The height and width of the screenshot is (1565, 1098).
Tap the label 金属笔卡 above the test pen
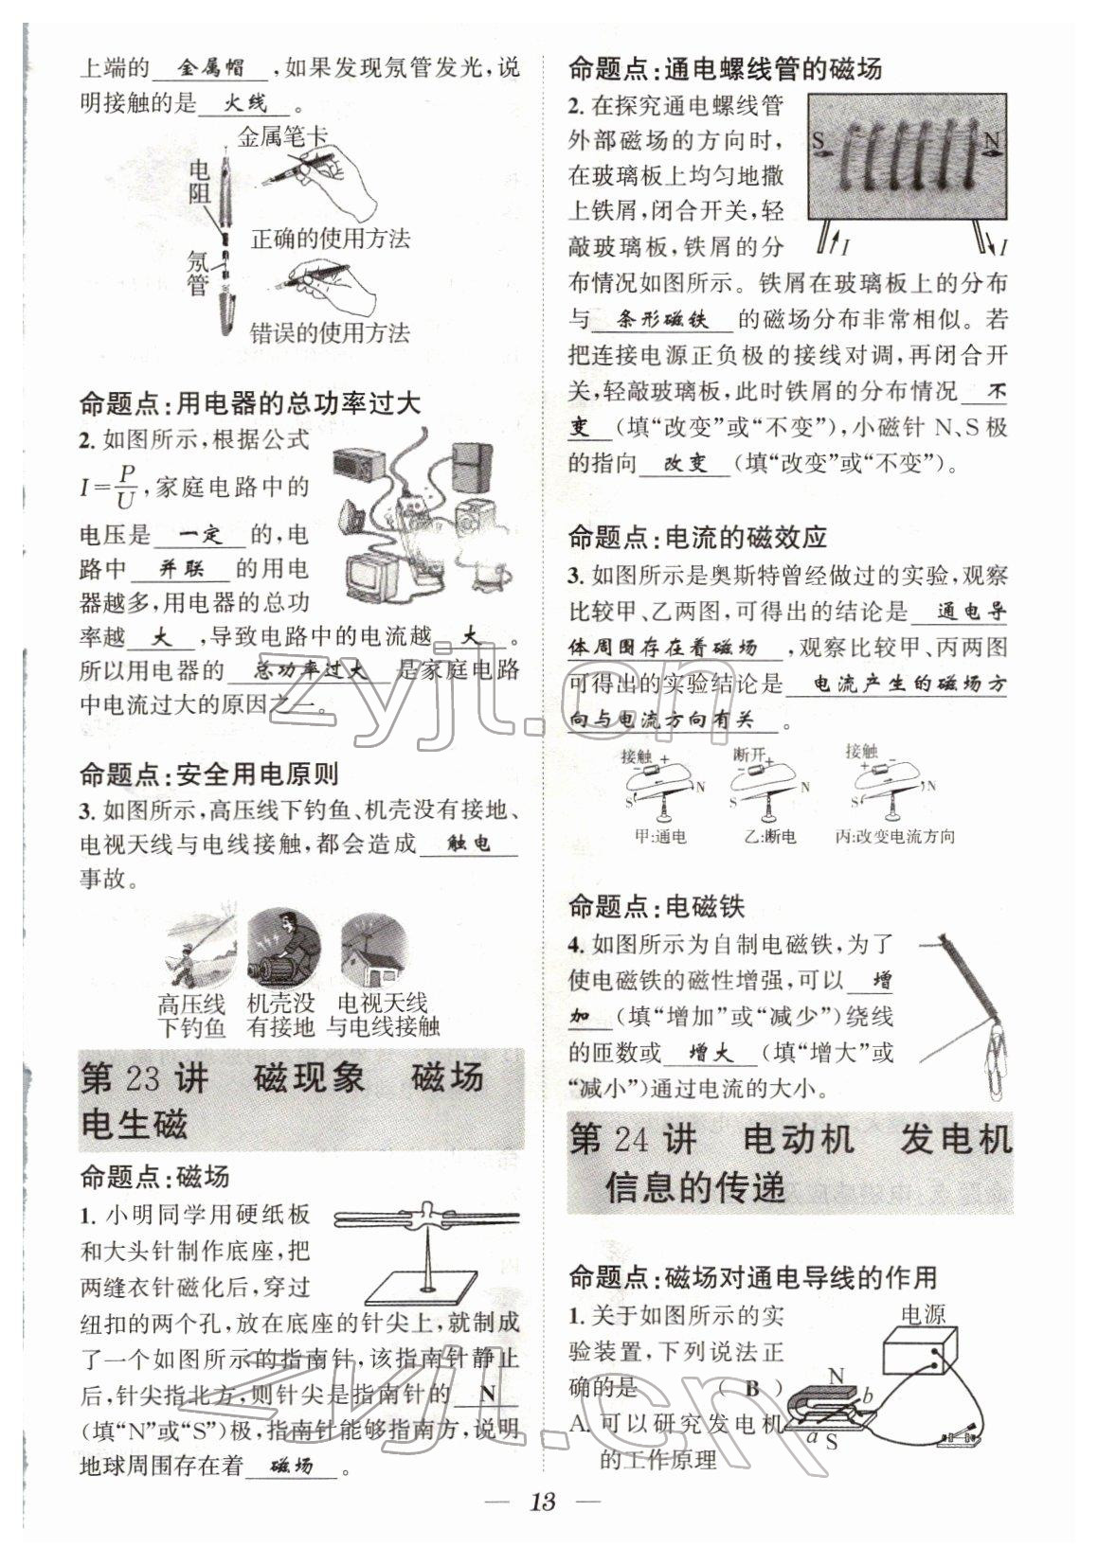coord(282,136)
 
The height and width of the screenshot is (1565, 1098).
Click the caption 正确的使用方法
coord(330,239)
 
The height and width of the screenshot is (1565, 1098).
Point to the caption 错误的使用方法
coord(329,332)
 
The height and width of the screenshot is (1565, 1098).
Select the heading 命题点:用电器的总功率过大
coord(249,403)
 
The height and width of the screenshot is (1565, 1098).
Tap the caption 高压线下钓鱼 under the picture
coord(191,1015)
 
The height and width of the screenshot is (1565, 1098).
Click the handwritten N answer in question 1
coord(487,1393)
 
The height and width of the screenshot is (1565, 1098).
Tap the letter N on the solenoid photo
coord(991,143)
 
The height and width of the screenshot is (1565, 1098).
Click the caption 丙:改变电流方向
coord(894,836)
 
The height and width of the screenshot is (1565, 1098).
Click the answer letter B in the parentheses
coord(752,1389)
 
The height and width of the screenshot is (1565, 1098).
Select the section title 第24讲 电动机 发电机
coord(790,1140)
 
